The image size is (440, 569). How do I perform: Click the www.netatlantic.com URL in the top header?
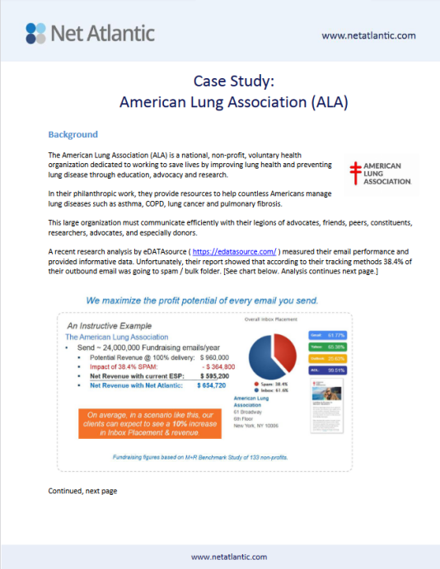(368, 35)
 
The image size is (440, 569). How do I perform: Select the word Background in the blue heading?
(73, 134)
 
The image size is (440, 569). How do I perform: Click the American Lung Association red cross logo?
(355, 172)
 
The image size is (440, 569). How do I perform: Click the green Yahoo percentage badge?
(327, 347)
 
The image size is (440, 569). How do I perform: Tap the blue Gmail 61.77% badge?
(327, 336)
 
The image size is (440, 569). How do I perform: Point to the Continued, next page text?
(82, 491)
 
